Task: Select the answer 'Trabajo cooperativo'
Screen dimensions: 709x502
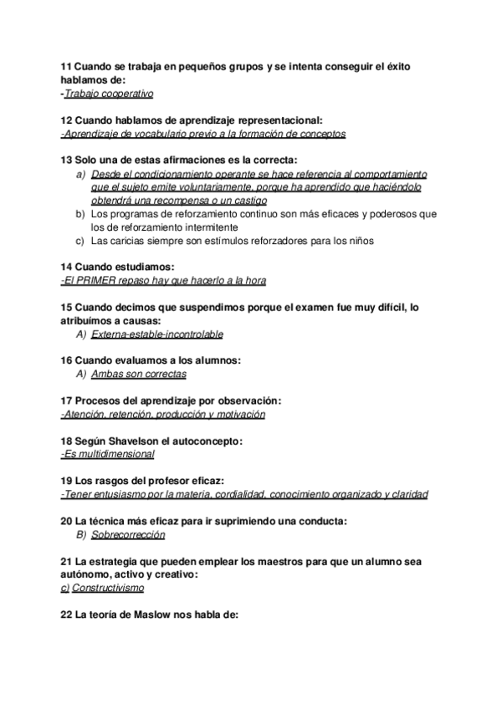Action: (104, 94)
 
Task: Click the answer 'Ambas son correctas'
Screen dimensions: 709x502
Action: (138, 374)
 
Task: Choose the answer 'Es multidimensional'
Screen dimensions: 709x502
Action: (109, 454)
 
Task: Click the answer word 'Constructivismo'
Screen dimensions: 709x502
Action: (108, 588)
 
